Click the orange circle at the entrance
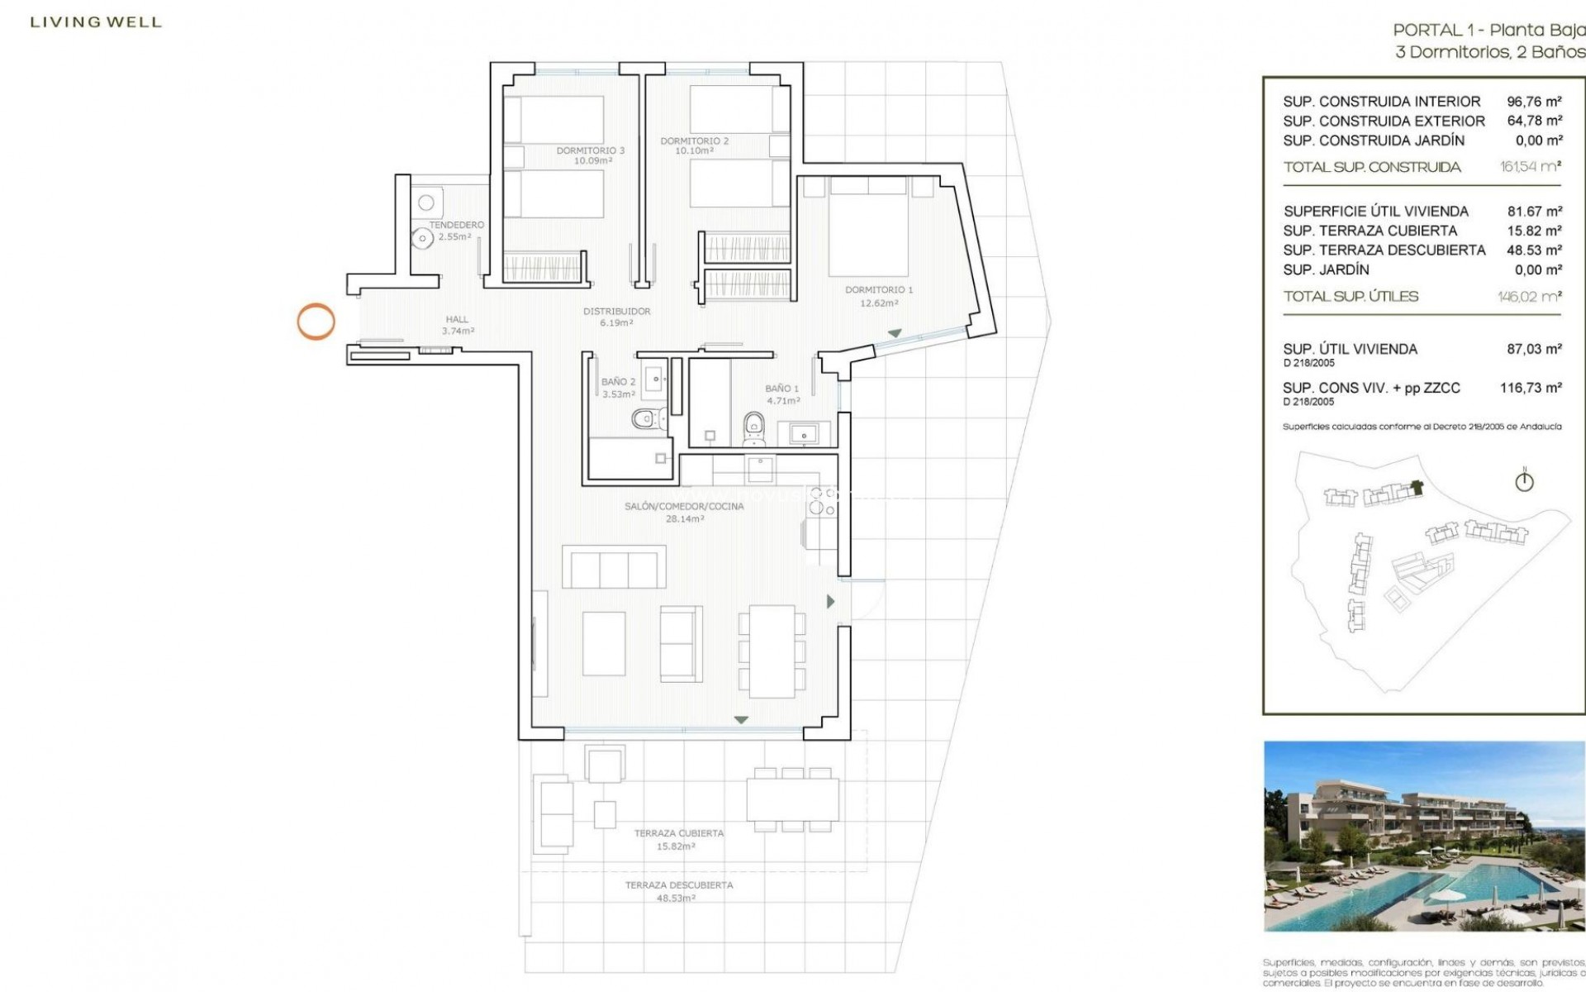(x=316, y=322)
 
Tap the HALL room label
(x=457, y=320)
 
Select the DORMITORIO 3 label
(x=590, y=150)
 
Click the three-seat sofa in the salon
(x=614, y=568)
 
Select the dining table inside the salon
(x=772, y=651)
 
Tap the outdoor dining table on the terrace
(x=790, y=799)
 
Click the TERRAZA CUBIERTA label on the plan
(x=679, y=833)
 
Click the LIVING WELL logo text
(x=96, y=22)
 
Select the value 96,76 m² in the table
(x=1534, y=102)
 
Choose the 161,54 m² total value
(x=1531, y=167)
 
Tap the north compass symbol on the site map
(x=1525, y=481)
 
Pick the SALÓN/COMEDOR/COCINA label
(x=684, y=506)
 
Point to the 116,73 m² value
(x=1531, y=387)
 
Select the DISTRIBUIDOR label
(x=617, y=312)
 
